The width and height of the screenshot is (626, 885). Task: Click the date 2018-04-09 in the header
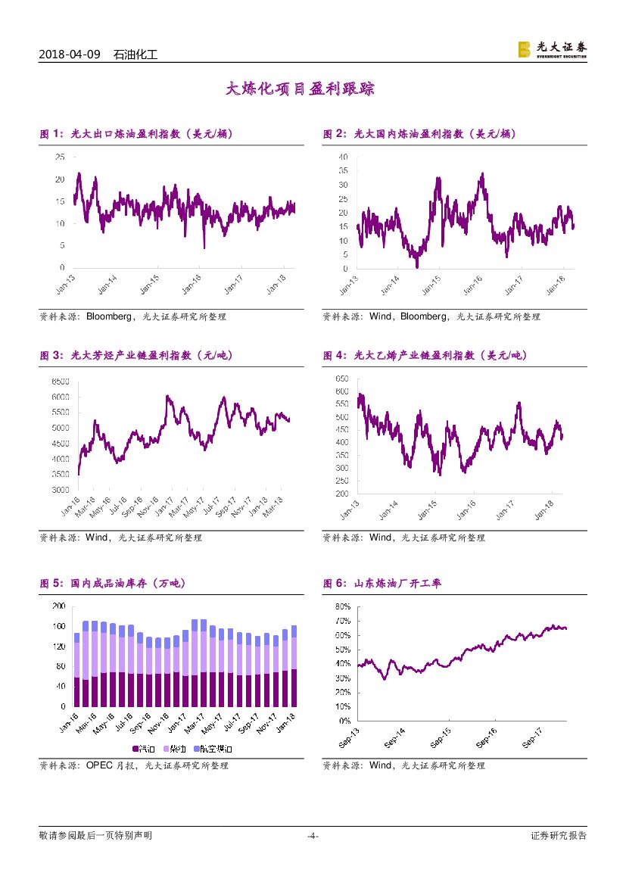[x=69, y=55]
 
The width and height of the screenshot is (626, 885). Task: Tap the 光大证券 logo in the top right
[x=552, y=49]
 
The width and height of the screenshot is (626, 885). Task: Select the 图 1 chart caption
[x=135, y=134]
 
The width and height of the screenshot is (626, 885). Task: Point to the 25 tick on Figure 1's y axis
[x=59, y=157]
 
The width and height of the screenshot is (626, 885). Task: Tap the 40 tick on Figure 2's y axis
[x=343, y=157]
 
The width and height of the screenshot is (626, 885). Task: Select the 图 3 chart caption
[x=134, y=355]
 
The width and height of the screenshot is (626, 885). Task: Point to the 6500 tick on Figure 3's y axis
[x=60, y=381]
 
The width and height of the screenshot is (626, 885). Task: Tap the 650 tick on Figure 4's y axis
[x=341, y=378]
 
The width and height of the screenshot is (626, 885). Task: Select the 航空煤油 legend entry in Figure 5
[x=213, y=748]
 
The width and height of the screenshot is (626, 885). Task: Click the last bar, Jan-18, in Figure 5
[x=293, y=665]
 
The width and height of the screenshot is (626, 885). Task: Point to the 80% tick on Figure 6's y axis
[x=341, y=606]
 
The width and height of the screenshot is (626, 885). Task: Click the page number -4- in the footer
[x=312, y=836]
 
